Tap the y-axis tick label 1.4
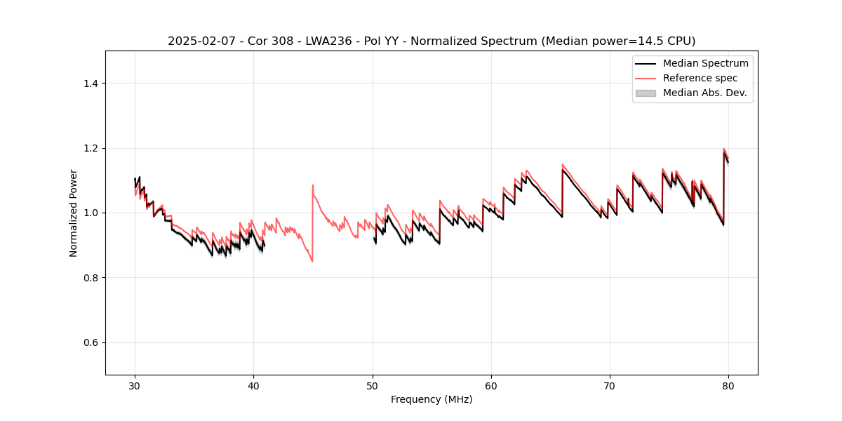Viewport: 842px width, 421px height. [91, 83]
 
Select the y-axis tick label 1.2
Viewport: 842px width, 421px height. [91, 148]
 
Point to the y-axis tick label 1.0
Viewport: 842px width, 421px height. [91, 213]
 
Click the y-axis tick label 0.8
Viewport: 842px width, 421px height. [91, 278]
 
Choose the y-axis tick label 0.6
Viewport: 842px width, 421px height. [91, 342]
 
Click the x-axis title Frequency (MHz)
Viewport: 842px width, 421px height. [432, 399]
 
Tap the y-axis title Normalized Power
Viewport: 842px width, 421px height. [74, 213]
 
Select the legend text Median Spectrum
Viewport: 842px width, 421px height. [705, 63]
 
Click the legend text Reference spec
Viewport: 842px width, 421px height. [700, 78]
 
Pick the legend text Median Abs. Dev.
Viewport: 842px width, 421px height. [704, 93]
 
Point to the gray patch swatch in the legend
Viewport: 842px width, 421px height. [646, 93]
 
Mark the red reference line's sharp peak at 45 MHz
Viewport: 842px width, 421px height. [313, 185]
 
